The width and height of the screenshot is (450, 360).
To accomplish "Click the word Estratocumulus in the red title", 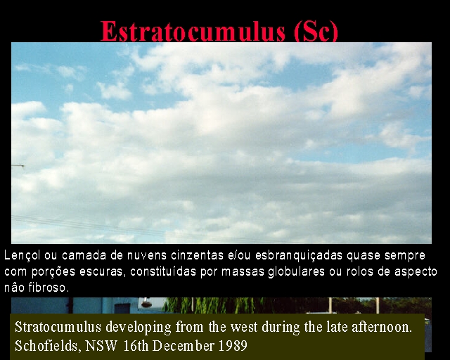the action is point(193,31).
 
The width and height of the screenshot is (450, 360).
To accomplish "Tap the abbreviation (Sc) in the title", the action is point(316,31).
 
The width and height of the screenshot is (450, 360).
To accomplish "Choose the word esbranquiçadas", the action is point(298,255).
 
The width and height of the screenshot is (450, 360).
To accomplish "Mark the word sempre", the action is point(405,256).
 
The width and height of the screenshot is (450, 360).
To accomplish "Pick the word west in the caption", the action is point(244,327).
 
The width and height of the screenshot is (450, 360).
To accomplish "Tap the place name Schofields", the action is point(46,346).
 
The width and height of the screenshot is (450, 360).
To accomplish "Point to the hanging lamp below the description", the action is point(146,302).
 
